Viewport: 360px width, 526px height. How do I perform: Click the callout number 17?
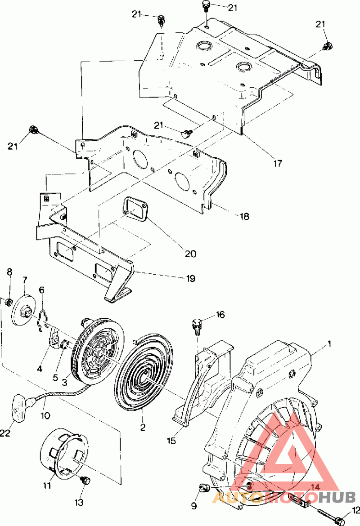pyautogui.click(x=277, y=163)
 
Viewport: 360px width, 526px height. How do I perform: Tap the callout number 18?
pyautogui.click(x=244, y=216)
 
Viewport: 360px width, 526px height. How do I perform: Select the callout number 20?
pyautogui.click(x=190, y=254)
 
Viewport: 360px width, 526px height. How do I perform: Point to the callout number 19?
pyautogui.click(x=191, y=278)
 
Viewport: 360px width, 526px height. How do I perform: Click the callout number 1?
pyautogui.click(x=329, y=344)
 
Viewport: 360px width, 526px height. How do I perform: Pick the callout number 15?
pyautogui.click(x=171, y=441)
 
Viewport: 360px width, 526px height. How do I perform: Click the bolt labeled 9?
pyautogui.click(x=203, y=488)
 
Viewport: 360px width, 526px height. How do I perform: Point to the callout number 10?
pyautogui.click(x=45, y=415)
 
